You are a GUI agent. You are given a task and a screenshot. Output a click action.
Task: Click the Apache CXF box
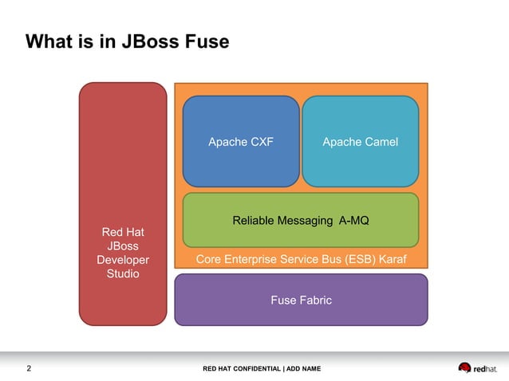[x=240, y=141]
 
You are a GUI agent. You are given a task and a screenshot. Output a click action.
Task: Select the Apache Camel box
[x=360, y=141]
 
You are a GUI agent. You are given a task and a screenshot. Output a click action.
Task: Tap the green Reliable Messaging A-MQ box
[x=301, y=220]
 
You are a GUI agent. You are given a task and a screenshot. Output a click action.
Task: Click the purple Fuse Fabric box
[x=301, y=300]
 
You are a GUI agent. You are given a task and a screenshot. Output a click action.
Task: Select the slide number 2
[x=29, y=368]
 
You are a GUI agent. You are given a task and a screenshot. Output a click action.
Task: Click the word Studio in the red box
[x=123, y=274]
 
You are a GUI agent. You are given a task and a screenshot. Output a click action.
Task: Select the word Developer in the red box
[x=123, y=260]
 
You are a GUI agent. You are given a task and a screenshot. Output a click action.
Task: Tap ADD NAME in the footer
[x=303, y=368]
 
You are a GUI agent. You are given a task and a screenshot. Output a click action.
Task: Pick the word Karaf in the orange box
[x=390, y=260]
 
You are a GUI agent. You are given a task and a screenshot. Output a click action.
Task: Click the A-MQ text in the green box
[x=353, y=220]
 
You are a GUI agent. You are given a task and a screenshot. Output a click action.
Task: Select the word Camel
[x=380, y=142]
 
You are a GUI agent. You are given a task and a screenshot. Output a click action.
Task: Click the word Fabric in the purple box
[x=315, y=300]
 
